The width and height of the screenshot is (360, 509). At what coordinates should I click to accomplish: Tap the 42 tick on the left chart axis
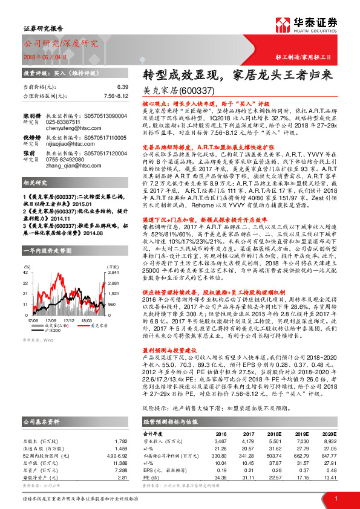pos(25,273)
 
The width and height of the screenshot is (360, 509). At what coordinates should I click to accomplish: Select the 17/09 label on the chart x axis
pos(50,321)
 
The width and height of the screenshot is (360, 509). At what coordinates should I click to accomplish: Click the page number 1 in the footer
pos(336,498)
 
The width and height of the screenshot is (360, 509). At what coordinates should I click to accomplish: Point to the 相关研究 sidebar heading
pos(36,200)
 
